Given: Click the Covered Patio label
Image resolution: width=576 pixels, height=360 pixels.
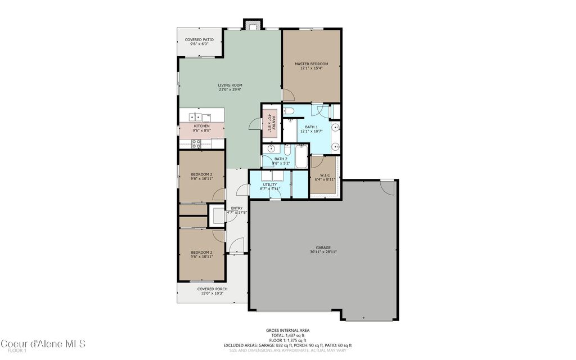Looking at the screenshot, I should click(199, 40).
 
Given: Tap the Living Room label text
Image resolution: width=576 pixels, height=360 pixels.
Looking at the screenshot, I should click(230, 85).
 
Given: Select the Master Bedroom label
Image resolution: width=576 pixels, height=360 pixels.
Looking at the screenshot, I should click(311, 64).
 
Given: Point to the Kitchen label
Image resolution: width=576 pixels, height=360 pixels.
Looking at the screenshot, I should click(202, 126).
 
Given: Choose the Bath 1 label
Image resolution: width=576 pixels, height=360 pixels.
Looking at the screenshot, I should click(311, 127).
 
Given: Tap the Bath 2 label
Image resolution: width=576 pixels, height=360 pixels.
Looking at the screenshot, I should click(281, 159).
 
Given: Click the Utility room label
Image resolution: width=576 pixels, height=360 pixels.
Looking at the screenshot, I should click(270, 184).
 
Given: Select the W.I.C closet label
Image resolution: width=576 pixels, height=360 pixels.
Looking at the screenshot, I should click(325, 174).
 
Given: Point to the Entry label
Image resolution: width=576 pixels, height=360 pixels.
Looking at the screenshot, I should click(237, 208).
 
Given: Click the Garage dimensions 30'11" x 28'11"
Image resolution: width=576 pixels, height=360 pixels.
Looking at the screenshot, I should click(323, 252).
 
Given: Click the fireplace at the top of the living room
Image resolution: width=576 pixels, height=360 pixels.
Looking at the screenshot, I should click(253, 24).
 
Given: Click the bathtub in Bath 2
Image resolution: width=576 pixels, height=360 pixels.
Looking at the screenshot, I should click(301, 157).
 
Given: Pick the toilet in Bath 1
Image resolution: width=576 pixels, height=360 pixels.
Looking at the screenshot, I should click(288, 110).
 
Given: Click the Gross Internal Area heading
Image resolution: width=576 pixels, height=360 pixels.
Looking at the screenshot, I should click(287, 330).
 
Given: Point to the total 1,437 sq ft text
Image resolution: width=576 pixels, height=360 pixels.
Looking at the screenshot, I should click(287, 335).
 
